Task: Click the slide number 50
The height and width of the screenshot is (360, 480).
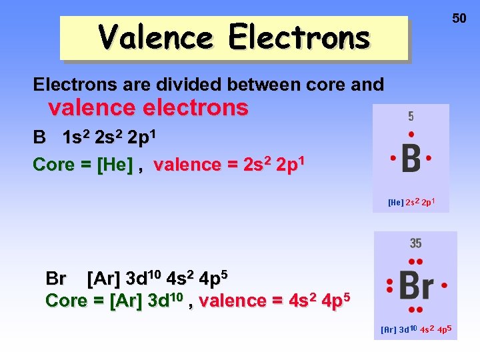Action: (x=459, y=19)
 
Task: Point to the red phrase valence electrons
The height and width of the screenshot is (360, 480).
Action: (x=148, y=107)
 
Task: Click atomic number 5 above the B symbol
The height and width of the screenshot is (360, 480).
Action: (x=411, y=117)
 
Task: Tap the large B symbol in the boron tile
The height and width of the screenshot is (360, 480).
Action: (x=411, y=159)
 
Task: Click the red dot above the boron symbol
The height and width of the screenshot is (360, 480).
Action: (x=411, y=134)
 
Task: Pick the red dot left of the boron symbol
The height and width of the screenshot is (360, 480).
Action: (x=394, y=159)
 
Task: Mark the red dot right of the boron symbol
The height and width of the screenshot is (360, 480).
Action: (x=429, y=159)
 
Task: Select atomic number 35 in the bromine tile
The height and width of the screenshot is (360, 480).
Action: (x=415, y=243)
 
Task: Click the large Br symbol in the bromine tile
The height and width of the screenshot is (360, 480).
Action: (x=415, y=286)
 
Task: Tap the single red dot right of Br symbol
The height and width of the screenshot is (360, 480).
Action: (x=444, y=285)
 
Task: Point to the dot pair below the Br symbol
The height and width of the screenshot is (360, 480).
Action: (x=415, y=310)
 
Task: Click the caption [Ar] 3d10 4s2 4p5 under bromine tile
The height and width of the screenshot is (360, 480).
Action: (x=416, y=329)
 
